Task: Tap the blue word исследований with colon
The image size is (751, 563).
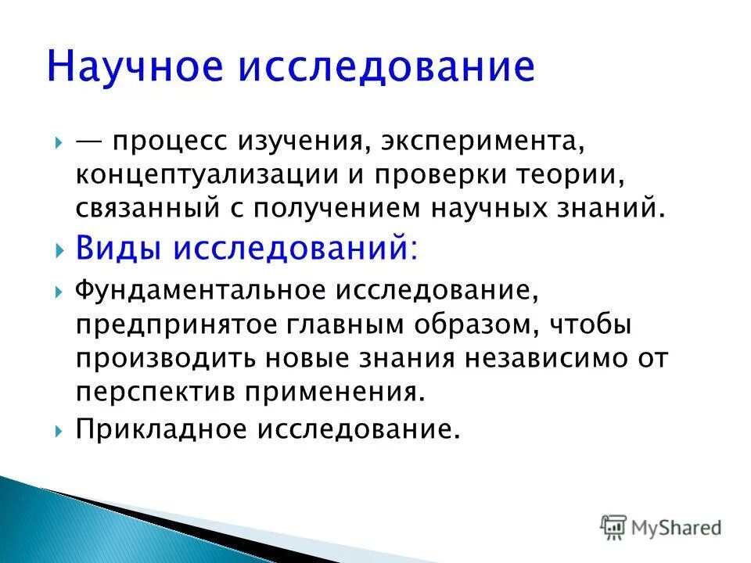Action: [294, 250]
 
